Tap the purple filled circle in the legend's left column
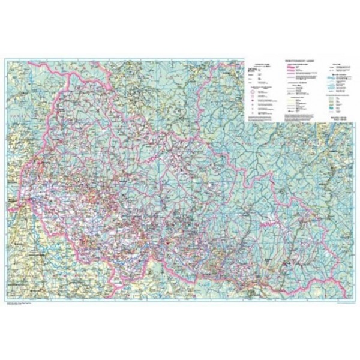pyautogui.click(x=252, y=101)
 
